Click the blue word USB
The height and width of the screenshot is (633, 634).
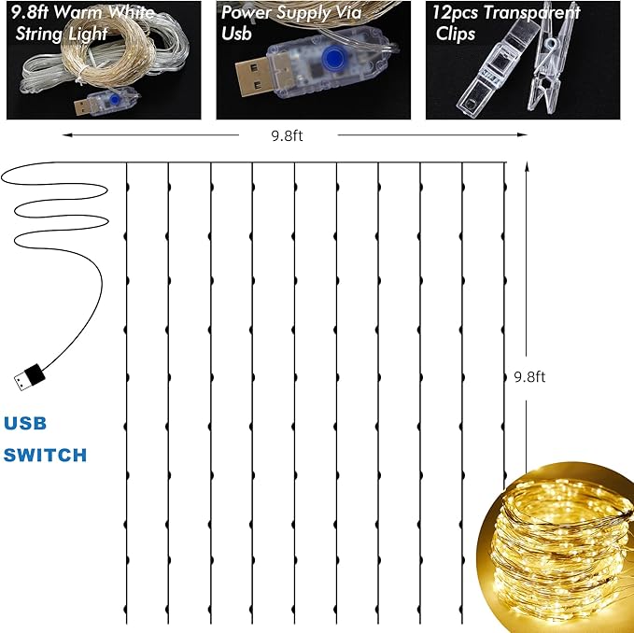25,423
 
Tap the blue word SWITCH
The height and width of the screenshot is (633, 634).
45,456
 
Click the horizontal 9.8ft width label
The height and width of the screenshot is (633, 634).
287,135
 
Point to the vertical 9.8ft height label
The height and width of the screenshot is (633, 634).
529,377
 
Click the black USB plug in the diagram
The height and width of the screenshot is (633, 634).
30,377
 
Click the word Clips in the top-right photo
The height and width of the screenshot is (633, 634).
456,34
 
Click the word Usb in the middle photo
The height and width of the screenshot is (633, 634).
236,34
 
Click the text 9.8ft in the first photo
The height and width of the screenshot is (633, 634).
30,12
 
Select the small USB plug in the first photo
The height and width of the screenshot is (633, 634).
84,107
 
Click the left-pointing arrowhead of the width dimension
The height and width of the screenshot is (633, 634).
67,135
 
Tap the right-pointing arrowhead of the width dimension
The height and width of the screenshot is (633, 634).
522,135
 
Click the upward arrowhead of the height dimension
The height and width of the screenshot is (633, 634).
527,166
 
